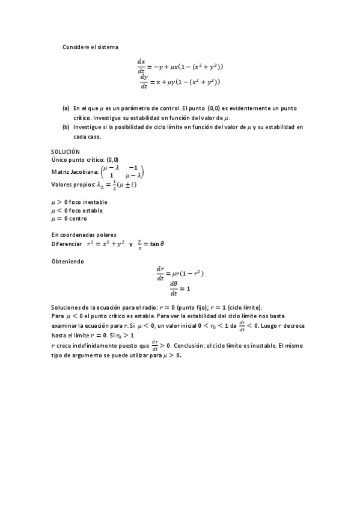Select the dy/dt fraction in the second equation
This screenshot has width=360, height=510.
pos(144,81)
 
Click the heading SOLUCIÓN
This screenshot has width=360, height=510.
pos(66,152)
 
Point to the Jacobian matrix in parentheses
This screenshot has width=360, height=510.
pos(123,171)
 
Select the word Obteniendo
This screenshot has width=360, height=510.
pos(68,262)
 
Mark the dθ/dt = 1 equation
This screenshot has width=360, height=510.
pos(180,288)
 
